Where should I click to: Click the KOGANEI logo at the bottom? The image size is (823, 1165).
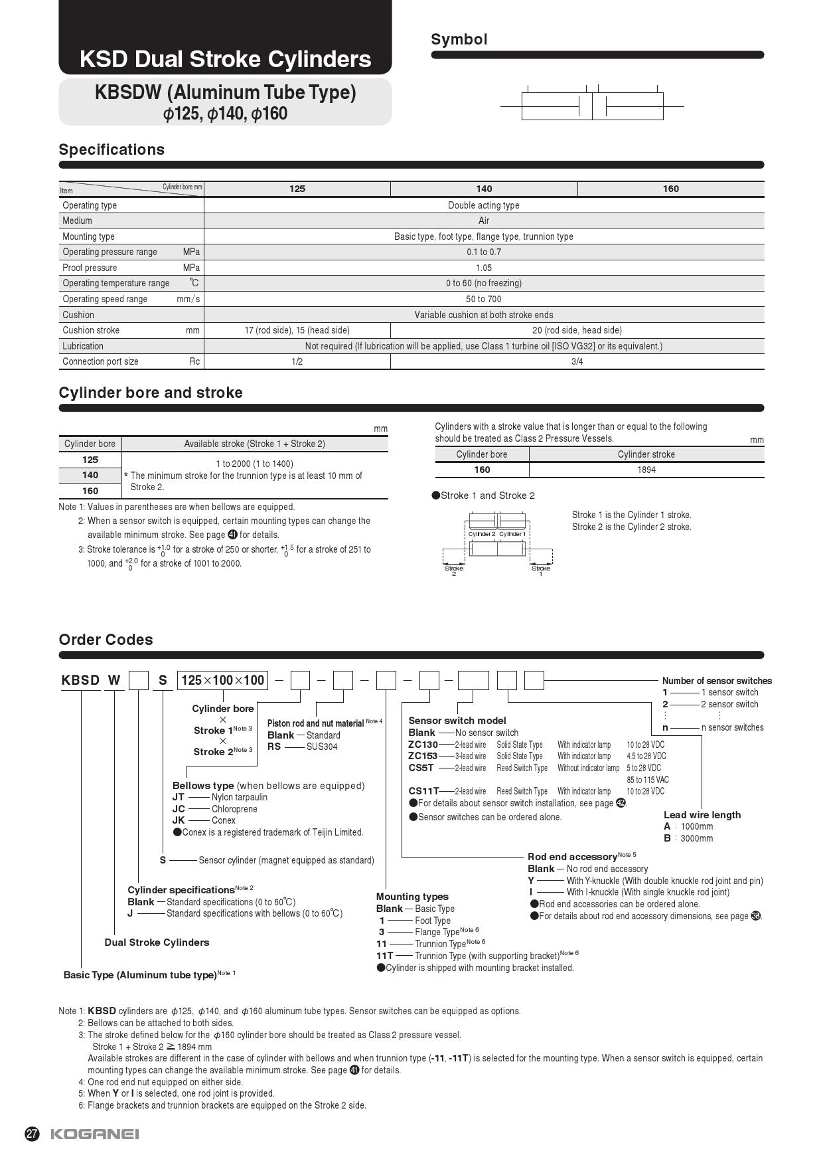point(95,1134)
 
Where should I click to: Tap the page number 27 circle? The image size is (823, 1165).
point(32,1134)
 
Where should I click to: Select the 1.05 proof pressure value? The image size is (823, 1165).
point(483,268)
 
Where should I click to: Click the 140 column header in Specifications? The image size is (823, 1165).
point(484,189)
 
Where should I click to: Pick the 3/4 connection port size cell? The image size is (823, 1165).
point(577,361)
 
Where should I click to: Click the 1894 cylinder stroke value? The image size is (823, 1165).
point(646,470)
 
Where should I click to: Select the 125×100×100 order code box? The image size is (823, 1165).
point(222,680)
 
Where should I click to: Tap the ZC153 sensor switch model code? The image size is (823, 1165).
point(423,756)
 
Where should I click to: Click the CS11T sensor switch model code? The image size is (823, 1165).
point(423,791)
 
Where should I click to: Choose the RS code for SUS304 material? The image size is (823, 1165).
point(274,747)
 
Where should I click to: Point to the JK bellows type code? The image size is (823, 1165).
point(179,820)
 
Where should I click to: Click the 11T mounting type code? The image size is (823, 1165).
point(384,956)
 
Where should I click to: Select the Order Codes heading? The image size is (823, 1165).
point(106,640)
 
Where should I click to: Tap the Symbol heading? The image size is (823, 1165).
point(459,39)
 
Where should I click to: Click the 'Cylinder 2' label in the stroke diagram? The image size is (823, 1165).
point(481,534)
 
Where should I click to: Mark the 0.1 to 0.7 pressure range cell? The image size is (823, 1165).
point(483,252)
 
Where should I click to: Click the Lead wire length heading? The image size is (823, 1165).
point(702,815)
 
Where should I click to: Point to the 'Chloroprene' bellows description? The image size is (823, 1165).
point(234,809)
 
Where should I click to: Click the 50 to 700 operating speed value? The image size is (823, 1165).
point(483,299)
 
